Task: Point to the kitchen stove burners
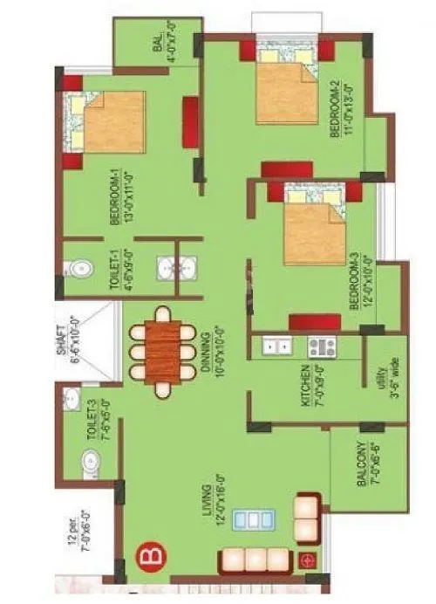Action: point(320,347)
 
